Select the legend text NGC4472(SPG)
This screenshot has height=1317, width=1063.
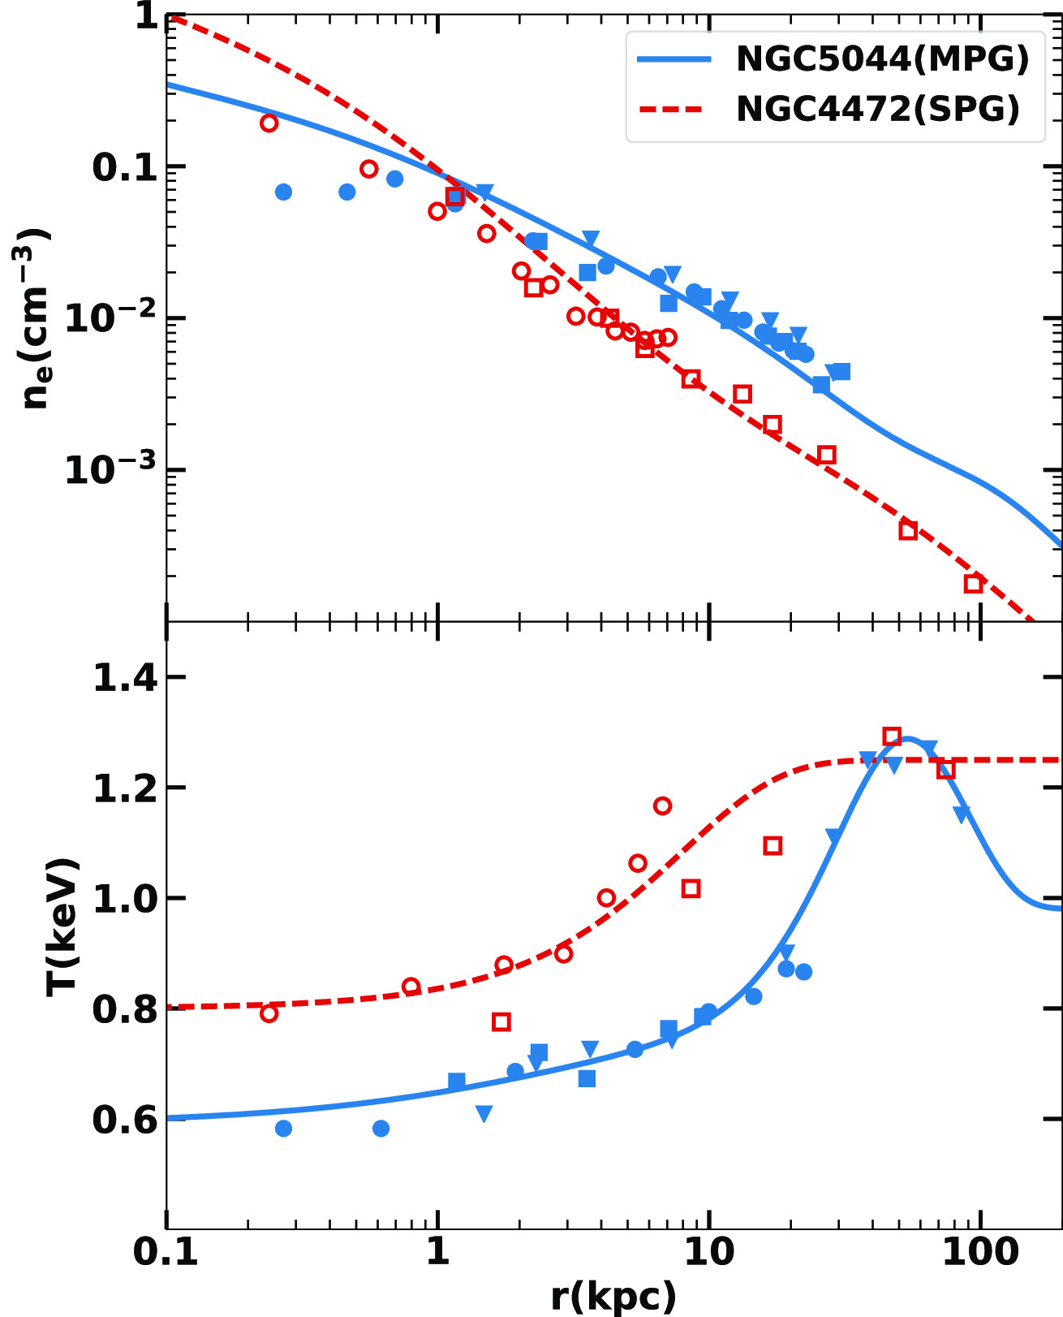click(x=877, y=109)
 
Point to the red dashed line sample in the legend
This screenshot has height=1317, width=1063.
click(x=674, y=109)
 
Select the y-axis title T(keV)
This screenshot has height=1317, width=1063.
click(x=62, y=926)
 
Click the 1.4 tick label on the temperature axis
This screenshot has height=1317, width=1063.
click(x=125, y=678)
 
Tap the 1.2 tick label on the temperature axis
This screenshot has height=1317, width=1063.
click(x=125, y=788)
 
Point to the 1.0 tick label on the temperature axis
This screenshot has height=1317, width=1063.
click(x=125, y=899)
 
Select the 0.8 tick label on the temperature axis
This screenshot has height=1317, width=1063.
click(x=125, y=1009)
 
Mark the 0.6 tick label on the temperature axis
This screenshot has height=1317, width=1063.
click(x=125, y=1121)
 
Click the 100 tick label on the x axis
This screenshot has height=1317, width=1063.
click(x=980, y=1251)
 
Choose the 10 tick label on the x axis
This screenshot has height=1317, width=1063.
click(x=709, y=1251)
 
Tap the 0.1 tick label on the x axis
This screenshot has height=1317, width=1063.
click(x=166, y=1251)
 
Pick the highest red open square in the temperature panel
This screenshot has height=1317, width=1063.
click(x=892, y=736)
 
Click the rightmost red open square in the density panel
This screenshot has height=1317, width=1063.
click(x=973, y=584)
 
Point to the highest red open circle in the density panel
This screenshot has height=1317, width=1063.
click(x=269, y=123)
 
